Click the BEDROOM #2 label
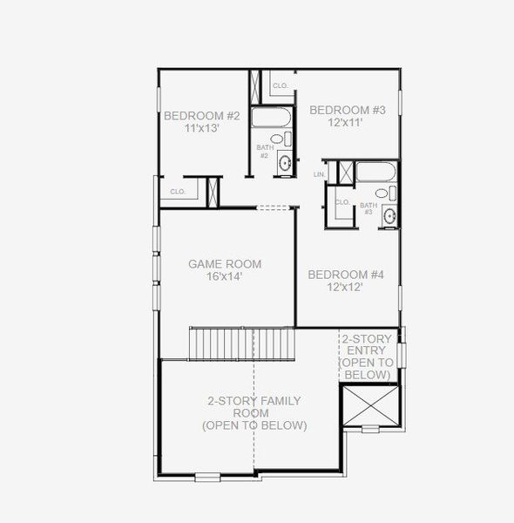202,115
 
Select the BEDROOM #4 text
346,275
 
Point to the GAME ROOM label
225,263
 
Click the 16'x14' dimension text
225,276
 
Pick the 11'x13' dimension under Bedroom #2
201,127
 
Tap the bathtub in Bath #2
273,117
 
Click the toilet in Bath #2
278,139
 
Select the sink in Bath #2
284,162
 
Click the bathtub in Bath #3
376,171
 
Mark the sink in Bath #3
389,215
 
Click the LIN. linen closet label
320,175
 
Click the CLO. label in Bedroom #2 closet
178,191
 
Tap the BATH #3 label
369,207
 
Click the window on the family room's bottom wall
207,476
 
